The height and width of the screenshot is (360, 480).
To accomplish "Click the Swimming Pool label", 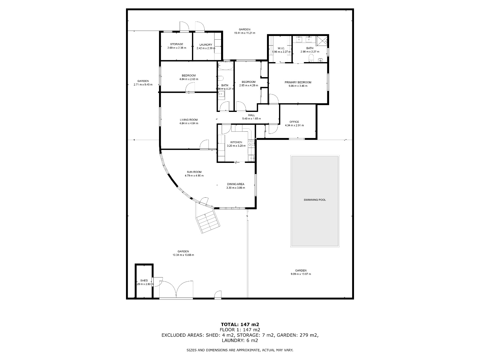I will (x=314, y=200).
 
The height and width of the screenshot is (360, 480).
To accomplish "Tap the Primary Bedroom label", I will (x=298, y=82).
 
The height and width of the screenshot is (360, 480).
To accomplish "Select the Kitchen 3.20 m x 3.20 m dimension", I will (x=236, y=146).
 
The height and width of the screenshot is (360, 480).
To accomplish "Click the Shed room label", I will (x=144, y=280).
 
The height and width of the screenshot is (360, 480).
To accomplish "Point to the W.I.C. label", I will (x=281, y=48).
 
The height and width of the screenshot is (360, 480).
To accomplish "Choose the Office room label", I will (x=294, y=122).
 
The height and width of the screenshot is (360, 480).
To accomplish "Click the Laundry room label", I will (x=206, y=45).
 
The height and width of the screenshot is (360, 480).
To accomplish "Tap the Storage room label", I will (x=176, y=44).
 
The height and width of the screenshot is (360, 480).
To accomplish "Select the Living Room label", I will (x=188, y=120).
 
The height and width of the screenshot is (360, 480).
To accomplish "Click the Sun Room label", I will (x=194, y=172).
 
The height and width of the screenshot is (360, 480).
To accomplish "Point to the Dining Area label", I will (x=235, y=184).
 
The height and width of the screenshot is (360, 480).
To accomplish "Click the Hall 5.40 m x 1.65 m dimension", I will (x=251, y=119).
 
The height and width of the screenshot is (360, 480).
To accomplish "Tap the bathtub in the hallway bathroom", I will (x=225, y=66).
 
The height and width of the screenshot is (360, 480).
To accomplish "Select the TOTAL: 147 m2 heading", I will (x=240, y=324).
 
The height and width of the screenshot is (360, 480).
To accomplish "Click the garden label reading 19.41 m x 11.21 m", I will (x=244, y=33).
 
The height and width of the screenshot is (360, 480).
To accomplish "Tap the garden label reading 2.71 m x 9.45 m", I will (x=143, y=85).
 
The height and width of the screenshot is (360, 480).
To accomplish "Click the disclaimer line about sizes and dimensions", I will (x=240, y=350).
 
